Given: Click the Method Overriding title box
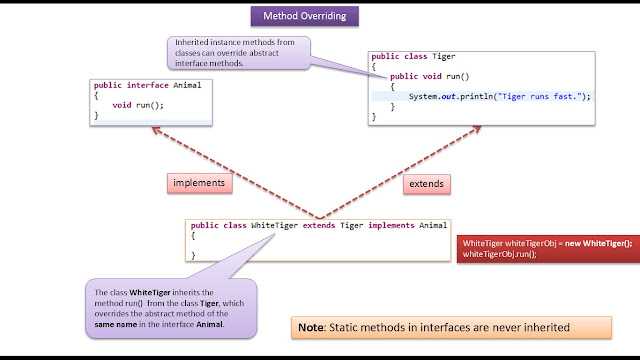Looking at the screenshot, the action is tap(305, 16).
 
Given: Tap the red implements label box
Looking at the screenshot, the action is tap(200, 183).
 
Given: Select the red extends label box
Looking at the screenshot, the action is tap(427, 184).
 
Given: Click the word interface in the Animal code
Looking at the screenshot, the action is tap(148, 85).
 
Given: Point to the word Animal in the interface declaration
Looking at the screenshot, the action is tap(187, 85).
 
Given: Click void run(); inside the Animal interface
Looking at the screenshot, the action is tap(138, 105).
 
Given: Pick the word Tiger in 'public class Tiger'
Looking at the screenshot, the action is tap(444, 56).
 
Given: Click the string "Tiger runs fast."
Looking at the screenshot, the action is tap(540, 96).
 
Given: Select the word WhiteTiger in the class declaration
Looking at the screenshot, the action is tap(274, 225).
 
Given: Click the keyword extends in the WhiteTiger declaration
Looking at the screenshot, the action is tap(319, 225).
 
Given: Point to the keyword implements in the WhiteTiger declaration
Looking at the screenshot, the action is tap(391, 225).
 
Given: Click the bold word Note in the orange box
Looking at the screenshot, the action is tap(311, 327).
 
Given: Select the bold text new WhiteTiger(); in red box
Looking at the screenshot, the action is tap(598, 243).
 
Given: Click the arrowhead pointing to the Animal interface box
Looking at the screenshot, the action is tap(156, 130).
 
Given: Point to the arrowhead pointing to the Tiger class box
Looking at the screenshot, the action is tap(477, 129).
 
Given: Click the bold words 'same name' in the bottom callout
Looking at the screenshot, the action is tap(116, 324).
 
